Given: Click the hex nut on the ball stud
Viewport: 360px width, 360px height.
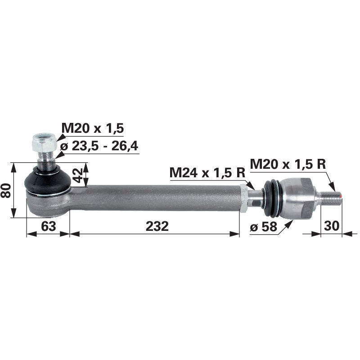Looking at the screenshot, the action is (x=44, y=143).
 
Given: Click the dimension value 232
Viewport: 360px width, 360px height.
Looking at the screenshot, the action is (x=157, y=226).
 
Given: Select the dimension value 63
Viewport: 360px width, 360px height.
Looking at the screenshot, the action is (x=49, y=226).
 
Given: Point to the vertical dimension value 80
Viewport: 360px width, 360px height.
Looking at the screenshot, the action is (x=6, y=190).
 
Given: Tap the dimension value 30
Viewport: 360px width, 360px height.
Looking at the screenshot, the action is (x=331, y=226).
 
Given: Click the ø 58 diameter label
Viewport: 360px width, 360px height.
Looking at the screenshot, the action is (x=263, y=227).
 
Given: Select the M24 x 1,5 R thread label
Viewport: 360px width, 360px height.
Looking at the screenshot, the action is (x=207, y=172).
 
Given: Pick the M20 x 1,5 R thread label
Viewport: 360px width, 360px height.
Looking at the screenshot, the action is (x=288, y=164).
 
